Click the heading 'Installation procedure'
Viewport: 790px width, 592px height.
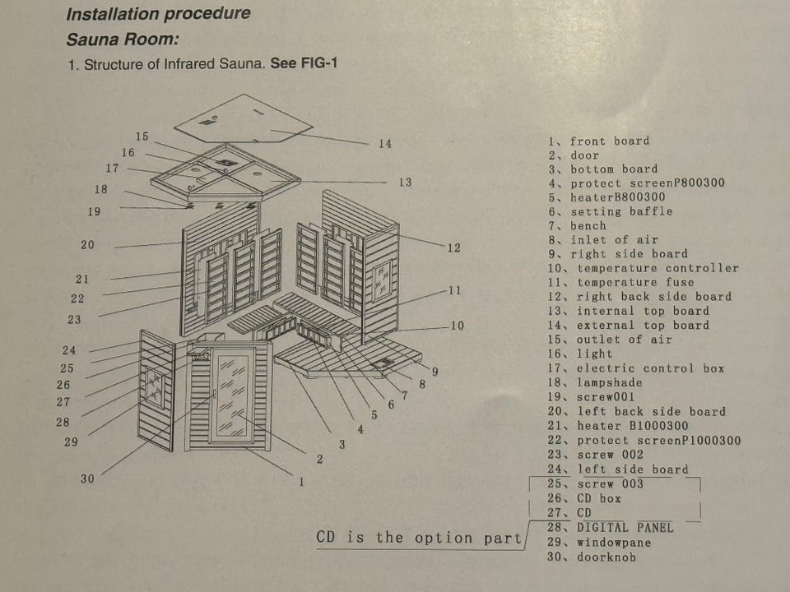158,14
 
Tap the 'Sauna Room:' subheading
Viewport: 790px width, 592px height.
123,39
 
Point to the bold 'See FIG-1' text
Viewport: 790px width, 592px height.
304,64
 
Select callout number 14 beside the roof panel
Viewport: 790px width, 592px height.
385,144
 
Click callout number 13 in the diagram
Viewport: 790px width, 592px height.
405,182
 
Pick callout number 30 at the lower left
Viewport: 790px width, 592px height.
87,479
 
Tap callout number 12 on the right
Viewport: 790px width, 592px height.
454,247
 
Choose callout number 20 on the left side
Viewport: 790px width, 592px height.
87,245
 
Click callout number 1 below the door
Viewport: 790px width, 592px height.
301,481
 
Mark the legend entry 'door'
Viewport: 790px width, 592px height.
585,155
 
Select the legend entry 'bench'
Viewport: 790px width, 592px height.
588,226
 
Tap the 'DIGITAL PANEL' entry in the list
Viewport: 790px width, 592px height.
625,527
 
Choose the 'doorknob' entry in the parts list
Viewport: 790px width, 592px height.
606,557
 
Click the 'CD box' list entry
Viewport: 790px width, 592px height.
598,498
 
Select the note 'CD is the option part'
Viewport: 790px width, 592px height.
419,538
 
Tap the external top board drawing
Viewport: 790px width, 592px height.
244,119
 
